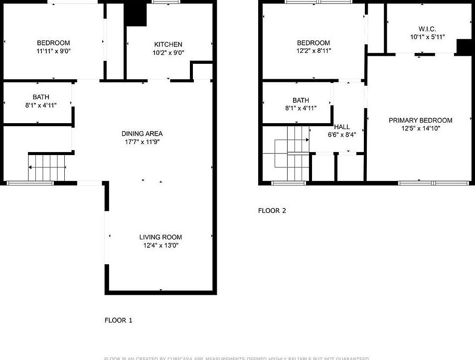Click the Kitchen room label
168,44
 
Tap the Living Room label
160,237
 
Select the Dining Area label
142,134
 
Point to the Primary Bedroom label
420,120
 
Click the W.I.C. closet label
427,29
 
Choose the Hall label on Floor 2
342,127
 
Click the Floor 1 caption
118,320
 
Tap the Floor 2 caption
272,210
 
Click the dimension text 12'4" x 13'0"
160,245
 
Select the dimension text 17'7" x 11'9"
142,142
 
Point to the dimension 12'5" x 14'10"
420,128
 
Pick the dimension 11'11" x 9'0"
53,51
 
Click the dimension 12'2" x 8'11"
314,50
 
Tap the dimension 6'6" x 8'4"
342,134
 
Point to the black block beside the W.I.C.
464,47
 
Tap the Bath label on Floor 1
41,97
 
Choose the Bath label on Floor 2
301,100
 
